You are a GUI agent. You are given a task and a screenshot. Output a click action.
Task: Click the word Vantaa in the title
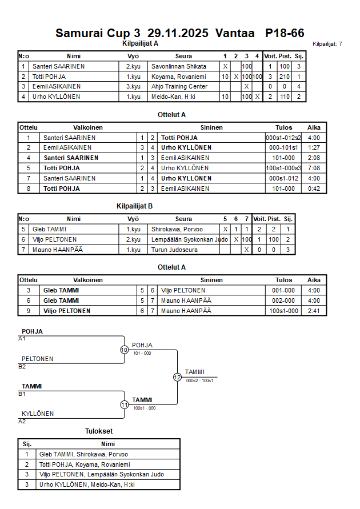(x=234, y=33)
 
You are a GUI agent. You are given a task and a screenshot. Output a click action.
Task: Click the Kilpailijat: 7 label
(x=327, y=44)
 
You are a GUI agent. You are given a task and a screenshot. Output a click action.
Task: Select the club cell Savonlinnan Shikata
(x=179, y=66)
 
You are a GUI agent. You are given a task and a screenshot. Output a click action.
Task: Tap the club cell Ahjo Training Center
(x=179, y=86)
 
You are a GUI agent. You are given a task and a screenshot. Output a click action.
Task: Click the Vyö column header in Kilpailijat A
(x=133, y=56)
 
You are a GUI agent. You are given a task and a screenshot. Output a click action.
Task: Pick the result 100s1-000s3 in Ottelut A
(x=283, y=168)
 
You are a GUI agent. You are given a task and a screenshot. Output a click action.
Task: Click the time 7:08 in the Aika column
(x=314, y=168)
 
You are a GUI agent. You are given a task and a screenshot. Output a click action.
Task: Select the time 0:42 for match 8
(x=314, y=189)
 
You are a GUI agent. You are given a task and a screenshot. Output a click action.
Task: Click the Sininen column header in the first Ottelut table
(x=211, y=127)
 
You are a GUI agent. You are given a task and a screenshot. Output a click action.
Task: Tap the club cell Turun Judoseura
(x=175, y=250)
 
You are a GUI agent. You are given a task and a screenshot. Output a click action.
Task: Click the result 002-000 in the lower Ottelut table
(x=283, y=300)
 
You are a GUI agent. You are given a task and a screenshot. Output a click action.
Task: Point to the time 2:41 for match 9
(x=314, y=311)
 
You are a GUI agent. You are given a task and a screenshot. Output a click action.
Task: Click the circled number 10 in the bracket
(x=124, y=350)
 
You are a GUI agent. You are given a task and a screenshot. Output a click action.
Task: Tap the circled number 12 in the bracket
(x=177, y=377)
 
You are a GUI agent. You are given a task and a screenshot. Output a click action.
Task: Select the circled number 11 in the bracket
(x=124, y=404)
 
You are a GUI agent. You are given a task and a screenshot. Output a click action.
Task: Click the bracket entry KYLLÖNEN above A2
(x=38, y=414)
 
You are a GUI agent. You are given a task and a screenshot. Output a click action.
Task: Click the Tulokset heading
(x=99, y=432)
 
